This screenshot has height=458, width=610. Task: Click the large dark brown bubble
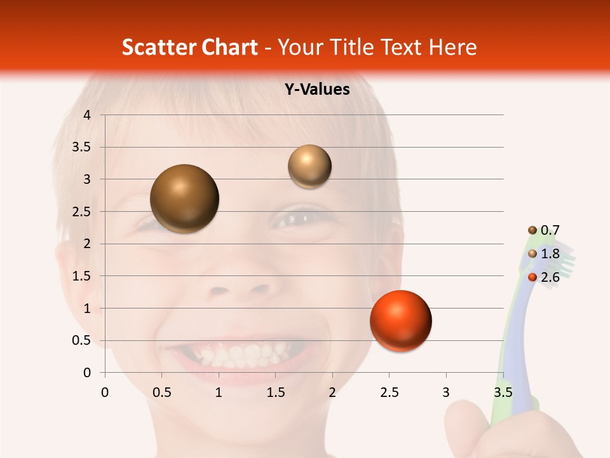click(x=184, y=198)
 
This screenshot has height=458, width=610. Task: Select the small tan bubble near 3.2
click(x=309, y=167)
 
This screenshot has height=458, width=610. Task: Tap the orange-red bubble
click(x=400, y=321)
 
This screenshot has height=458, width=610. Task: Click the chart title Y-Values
click(x=316, y=90)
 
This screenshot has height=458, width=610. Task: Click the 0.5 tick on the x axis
click(x=161, y=392)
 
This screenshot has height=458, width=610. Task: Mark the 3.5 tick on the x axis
click(x=503, y=392)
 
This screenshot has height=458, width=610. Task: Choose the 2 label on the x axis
click(x=332, y=392)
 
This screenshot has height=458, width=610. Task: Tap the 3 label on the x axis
click(x=446, y=392)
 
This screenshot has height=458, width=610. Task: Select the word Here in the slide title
click(x=452, y=47)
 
